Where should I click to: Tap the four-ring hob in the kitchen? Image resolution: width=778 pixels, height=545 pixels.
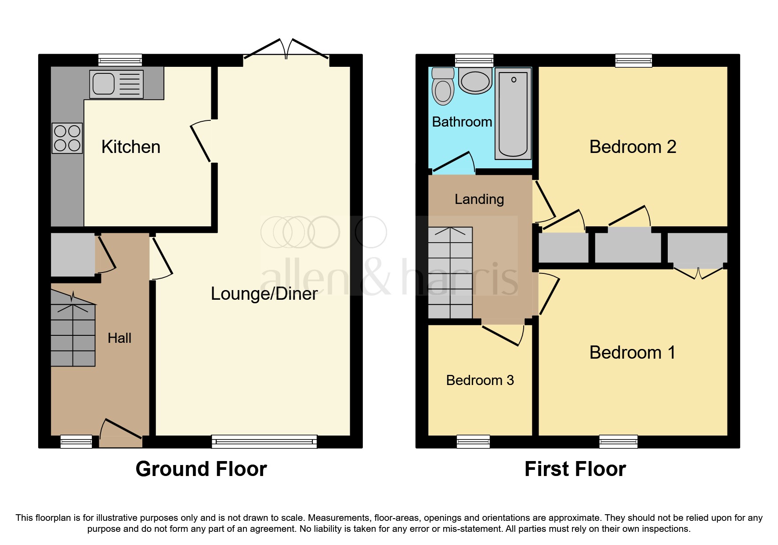pos(67,138)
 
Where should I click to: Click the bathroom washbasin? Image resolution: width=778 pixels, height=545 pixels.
pos(475,81)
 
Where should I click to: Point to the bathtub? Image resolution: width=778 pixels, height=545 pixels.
pos(513,114)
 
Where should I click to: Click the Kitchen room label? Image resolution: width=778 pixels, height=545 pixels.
pos(130,147)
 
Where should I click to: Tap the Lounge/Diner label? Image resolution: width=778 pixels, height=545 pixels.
pos(264,294)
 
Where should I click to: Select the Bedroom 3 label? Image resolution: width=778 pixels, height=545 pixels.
pos(480,380)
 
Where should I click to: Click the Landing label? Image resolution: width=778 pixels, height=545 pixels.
pos(479,199)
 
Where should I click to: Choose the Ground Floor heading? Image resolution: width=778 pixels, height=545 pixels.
pos(201,469)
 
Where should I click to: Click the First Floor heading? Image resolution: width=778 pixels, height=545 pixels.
pos(575,469)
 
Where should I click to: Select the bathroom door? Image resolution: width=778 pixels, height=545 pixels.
pos(453,162)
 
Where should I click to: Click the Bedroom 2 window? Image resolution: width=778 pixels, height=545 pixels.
pos(633,60)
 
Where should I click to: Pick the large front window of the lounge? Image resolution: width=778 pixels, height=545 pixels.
pos(264,441)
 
